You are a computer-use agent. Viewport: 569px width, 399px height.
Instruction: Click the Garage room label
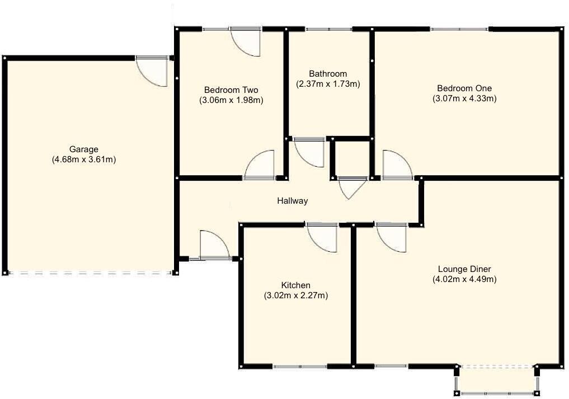tap(84, 149)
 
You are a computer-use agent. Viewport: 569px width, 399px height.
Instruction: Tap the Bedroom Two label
tap(231, 90)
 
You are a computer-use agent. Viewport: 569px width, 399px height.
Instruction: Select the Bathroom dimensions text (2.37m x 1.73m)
tap(328, 84)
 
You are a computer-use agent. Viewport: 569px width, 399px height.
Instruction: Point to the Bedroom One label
tap(464, 88)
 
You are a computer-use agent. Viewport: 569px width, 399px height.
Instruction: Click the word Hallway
tap(292, 201)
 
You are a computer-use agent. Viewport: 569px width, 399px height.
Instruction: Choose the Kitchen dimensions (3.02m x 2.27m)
tap(295, 295)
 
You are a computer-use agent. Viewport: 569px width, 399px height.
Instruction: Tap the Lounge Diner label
tap(464, 269)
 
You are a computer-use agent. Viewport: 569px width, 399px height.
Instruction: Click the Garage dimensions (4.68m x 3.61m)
tap(84, 159)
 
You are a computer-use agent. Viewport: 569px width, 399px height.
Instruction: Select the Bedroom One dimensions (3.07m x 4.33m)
tap(464, 99)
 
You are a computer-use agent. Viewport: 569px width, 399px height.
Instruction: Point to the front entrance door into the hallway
tap(213, 245)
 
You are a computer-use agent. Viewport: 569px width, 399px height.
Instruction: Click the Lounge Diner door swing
tap(392, 237)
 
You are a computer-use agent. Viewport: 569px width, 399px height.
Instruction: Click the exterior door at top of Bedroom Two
tap(247, 41)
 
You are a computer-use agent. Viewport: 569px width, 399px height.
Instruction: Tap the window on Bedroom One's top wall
tap(459, 29)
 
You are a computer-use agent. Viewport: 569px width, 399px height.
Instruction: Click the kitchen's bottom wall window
tap(300, 367)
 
